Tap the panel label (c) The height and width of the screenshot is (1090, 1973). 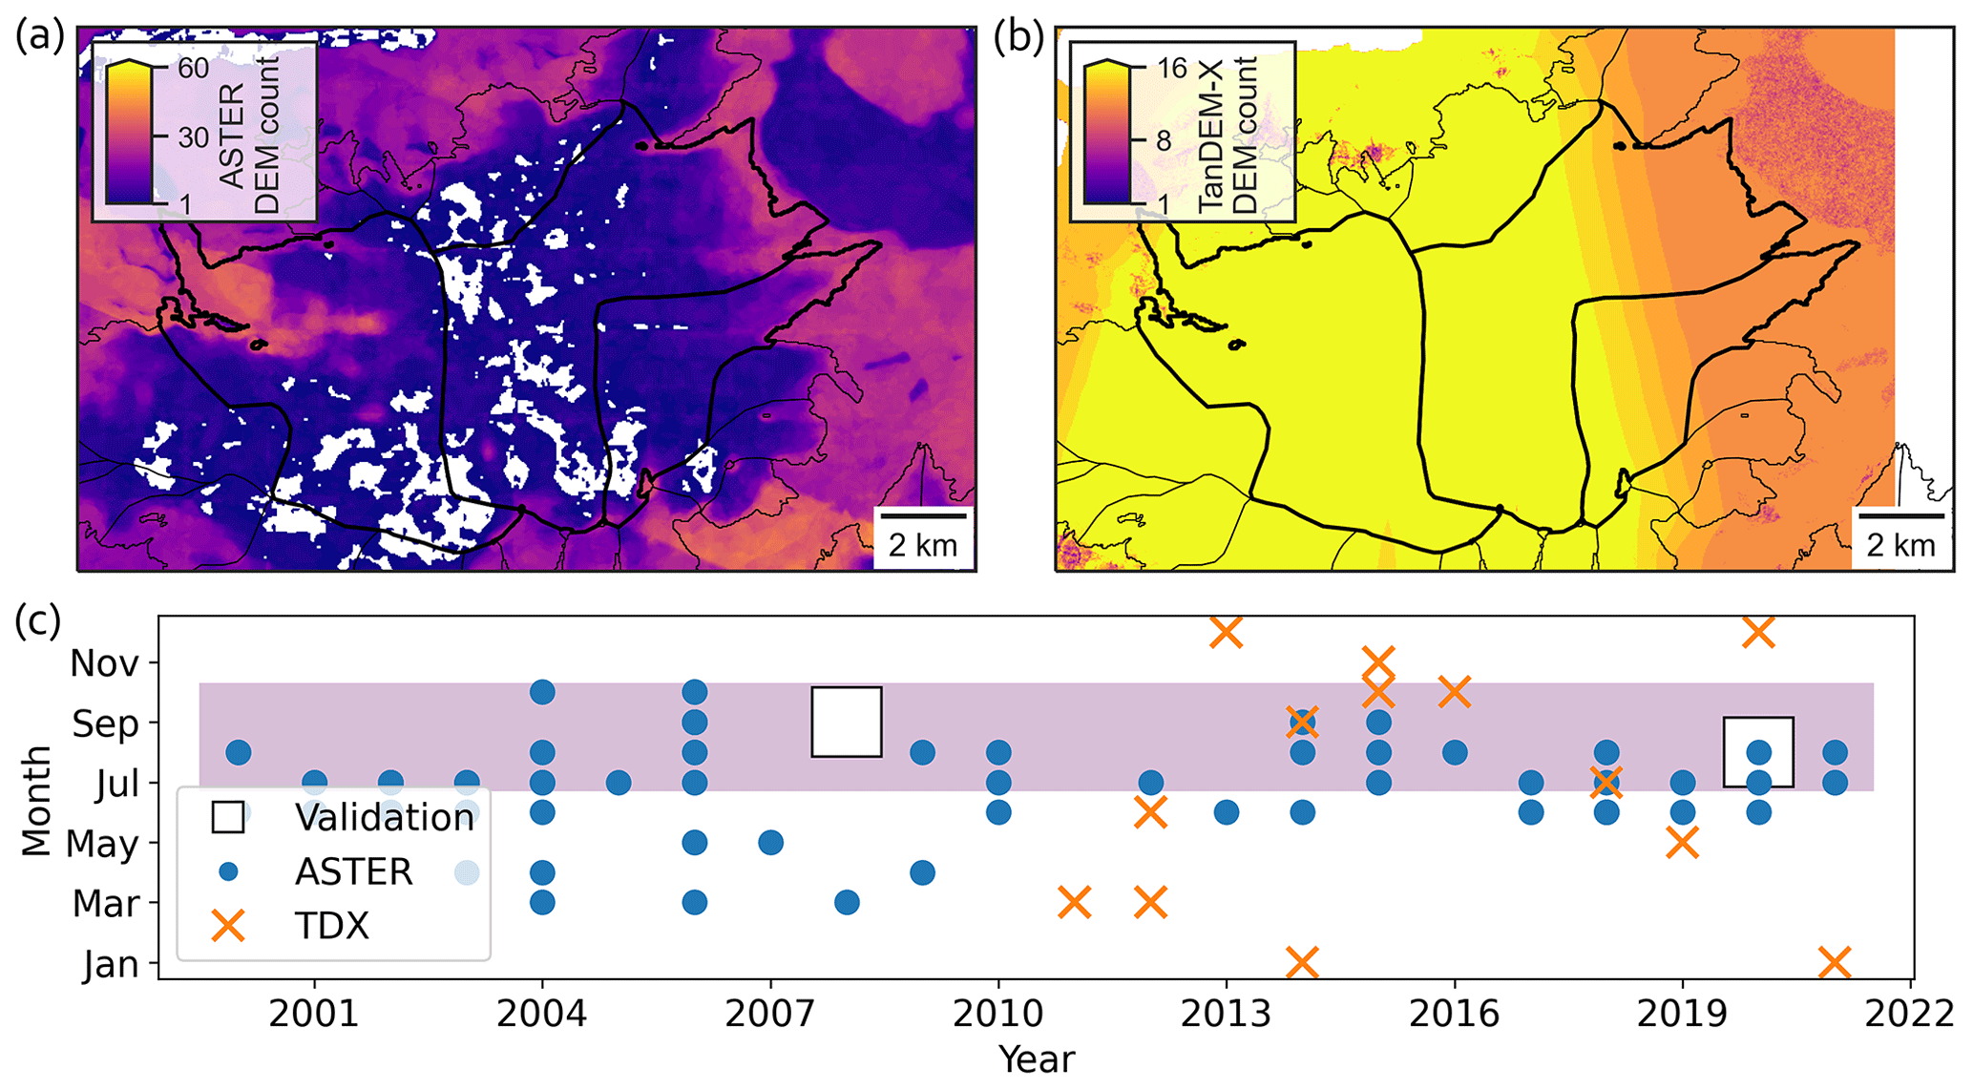click(x=37, y=621)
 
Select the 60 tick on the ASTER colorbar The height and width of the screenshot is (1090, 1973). click(x=193, y=68)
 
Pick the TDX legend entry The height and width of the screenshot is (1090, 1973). click(x=331, y=926)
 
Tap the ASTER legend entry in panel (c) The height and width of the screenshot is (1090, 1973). click(x=353, y=871)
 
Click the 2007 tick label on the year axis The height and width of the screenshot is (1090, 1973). click(x=770, y=1014)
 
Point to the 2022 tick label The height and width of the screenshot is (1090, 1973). click(x=1910, y=1014)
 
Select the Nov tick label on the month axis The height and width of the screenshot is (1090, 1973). click(x=105, y=663)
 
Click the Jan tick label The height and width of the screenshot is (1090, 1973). click(x=111, y=964)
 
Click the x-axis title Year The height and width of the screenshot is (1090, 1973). click(x=1037, y=1059)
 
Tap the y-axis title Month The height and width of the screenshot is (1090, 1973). click(x=36, y=801)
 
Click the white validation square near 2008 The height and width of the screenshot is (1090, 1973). click(x=847, y=722)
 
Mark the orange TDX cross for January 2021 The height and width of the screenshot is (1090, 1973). click(x=1835, y=962)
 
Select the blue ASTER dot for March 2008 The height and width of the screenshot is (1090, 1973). click(x=847, y=902)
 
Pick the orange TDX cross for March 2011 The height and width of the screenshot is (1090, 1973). click(x=1075, y=902)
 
